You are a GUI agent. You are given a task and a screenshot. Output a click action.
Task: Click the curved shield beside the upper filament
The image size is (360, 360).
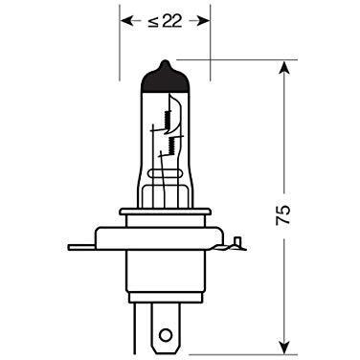point(179,105)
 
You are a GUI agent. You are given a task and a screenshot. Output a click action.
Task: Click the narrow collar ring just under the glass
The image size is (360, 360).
point(164,212)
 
